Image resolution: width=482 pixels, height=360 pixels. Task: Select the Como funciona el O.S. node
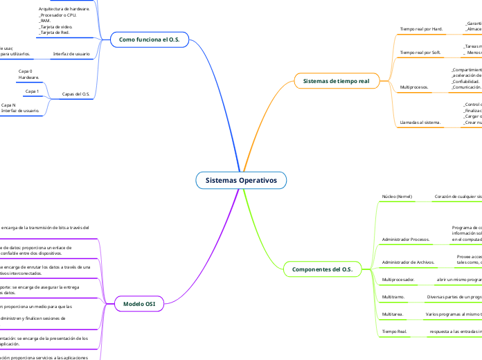150,40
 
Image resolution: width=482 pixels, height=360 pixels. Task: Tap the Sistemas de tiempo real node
337,81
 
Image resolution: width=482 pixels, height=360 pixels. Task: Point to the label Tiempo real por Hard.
422,29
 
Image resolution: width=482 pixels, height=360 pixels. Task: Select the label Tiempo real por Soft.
421,52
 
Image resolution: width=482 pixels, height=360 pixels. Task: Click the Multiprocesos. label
414,88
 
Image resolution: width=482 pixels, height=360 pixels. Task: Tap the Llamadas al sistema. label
420,123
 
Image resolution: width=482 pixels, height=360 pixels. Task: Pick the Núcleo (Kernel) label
398,197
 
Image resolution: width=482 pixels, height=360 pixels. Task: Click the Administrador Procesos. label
406,239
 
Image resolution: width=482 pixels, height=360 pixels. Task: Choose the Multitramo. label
393,296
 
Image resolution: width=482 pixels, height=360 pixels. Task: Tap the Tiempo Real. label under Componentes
394,332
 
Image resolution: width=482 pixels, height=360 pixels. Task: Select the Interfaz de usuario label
71,53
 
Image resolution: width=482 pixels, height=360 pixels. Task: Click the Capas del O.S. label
76,93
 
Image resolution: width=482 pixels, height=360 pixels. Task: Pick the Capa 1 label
32,91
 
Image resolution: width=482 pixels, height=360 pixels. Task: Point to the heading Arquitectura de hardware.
64,9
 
